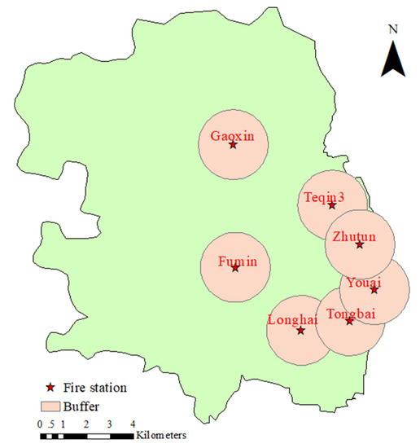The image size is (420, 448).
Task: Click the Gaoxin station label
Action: [x=232, y=135]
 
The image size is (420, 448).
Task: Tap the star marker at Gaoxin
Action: [x=233, y=145]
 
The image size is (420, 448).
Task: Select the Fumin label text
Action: [x=235, y=261]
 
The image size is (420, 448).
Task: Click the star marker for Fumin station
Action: [x=235, y=268]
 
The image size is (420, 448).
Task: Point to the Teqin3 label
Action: [x=325, y=196]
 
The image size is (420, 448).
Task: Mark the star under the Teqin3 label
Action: [x=332, y=205]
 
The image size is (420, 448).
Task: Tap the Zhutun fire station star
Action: [x=360, y=244]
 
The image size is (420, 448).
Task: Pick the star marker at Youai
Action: [x=374, y=289]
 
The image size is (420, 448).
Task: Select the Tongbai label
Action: [x=348, y=313]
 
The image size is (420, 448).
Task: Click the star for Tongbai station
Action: [x=349, y=321]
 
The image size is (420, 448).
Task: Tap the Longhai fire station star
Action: [x=300, y=330]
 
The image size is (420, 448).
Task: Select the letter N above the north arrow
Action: [x=393, y=29]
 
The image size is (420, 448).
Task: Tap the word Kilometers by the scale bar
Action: [x=162, y=436]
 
